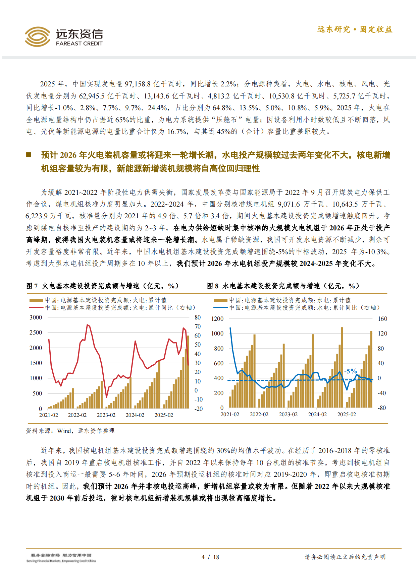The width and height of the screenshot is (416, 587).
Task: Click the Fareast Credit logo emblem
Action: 37,36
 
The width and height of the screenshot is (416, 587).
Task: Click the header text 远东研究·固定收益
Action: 355,29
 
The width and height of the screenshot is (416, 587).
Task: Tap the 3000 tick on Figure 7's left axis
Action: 36,317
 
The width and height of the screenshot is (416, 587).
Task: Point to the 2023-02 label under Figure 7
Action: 106,415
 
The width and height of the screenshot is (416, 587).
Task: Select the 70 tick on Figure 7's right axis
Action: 198,326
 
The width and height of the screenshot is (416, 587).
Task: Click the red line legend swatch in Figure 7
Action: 36,307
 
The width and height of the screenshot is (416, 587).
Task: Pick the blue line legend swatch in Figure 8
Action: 220,307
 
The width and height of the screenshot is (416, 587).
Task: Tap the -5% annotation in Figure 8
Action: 350,371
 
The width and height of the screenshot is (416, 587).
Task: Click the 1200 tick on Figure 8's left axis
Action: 217,319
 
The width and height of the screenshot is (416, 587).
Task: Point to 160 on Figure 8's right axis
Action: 382,319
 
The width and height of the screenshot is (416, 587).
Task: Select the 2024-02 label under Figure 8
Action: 317,415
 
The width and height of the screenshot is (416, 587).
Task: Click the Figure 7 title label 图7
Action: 32,286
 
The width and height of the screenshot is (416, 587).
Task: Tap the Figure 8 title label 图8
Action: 213,286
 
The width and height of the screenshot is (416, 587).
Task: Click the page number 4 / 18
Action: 210,557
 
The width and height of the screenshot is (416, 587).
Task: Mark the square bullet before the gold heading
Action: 29,155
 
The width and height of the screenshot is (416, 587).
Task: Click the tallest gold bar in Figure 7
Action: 188,372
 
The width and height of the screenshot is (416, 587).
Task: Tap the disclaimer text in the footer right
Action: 345,557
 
